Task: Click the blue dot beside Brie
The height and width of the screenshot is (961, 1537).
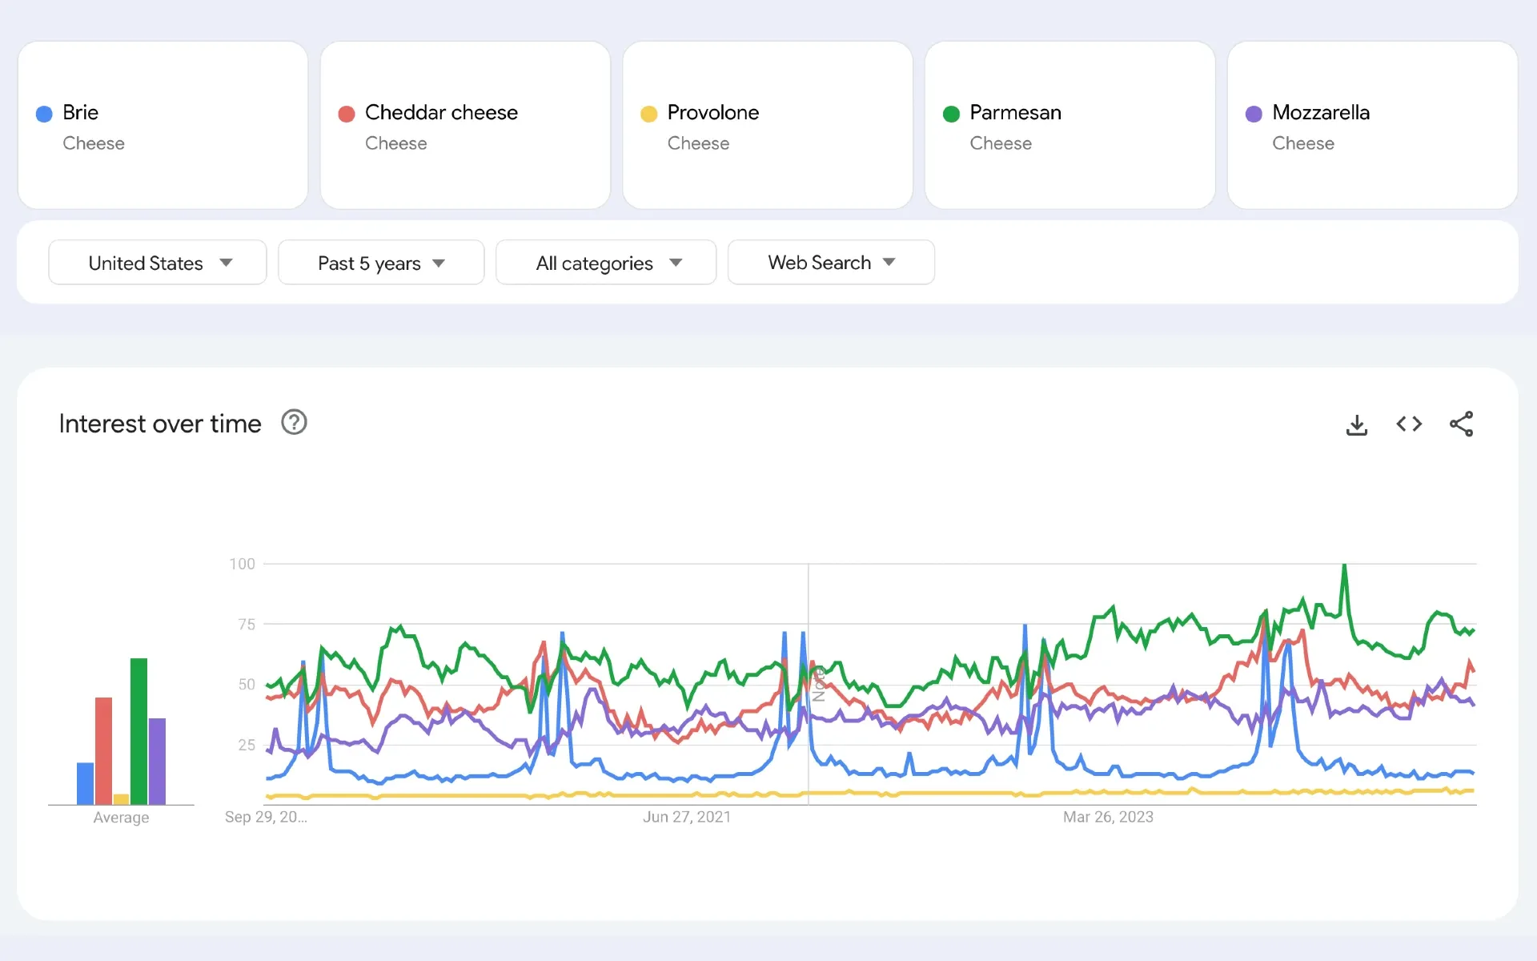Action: [44, 114]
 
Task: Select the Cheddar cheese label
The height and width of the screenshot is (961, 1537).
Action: [440, 112]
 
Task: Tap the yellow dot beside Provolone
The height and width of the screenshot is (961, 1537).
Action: [648, 114]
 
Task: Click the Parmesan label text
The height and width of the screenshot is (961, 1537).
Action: [1015, 112]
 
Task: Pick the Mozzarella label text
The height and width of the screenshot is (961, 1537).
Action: [1320, 112]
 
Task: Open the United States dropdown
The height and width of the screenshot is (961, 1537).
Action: [158, 263]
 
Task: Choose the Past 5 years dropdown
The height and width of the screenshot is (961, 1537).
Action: [381, 263]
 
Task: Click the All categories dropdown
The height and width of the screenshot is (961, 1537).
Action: [606, 263]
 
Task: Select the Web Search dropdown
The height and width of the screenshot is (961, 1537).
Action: [831, 263]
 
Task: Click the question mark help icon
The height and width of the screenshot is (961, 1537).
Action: [294, 422]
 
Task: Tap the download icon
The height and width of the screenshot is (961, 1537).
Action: [1356, 424]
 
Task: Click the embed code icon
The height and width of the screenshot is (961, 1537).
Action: [1409, 424]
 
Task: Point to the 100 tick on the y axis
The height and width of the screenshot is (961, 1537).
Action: [242, 564]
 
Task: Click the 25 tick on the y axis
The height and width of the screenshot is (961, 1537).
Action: [246, 745]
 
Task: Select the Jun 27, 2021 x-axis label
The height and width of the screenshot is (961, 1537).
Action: [686, 817]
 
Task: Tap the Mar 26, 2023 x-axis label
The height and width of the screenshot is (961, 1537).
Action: [1107, 817]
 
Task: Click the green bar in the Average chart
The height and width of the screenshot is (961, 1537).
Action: [138, 730]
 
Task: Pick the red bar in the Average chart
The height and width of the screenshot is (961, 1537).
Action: [103, 750]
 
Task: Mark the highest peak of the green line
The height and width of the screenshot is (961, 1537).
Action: [1344, 565]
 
